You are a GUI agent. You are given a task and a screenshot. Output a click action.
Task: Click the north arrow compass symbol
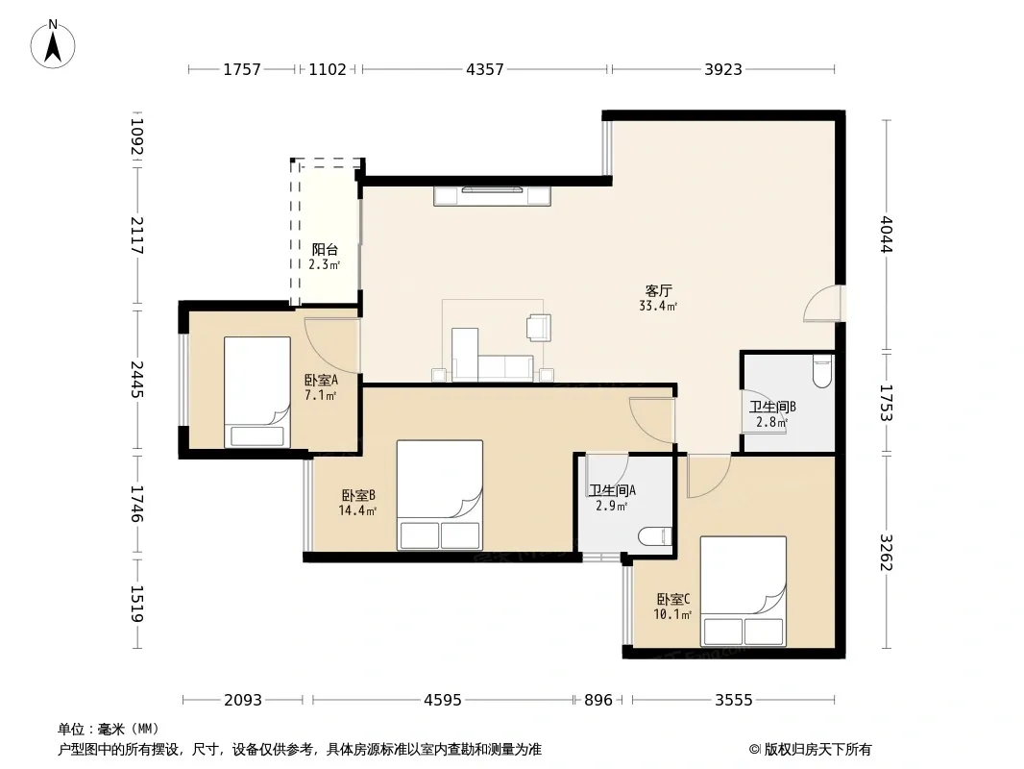click(53, 44)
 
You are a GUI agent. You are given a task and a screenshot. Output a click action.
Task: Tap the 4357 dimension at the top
click(484, 69)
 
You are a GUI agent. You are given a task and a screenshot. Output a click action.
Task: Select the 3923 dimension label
click(723, 69)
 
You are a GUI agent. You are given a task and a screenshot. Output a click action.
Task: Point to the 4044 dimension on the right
click(886, 234)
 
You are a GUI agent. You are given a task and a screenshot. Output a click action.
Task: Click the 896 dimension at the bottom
click(598, 701)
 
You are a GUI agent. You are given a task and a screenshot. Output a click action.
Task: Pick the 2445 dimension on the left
click(136, 379)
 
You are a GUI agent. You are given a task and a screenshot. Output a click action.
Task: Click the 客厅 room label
click(658, 290)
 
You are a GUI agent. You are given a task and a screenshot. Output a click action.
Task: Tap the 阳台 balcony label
click(325, 249)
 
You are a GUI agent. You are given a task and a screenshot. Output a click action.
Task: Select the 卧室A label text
click(321, 380)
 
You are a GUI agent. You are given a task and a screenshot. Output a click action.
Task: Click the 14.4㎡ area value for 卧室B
click(357, 511)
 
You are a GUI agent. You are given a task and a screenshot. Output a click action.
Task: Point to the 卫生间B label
click(772, 407)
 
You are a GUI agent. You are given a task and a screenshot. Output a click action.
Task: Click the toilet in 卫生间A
click(655, 536)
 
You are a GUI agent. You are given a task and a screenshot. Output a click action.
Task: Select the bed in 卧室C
click(744, 591)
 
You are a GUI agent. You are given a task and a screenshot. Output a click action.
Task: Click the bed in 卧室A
click(257, 392)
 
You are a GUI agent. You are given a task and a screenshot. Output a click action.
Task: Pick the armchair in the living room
click(539, 328)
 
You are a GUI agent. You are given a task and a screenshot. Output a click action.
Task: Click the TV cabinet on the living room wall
click(493, 196)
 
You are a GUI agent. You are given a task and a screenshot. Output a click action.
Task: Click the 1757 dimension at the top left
click(242, 69)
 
